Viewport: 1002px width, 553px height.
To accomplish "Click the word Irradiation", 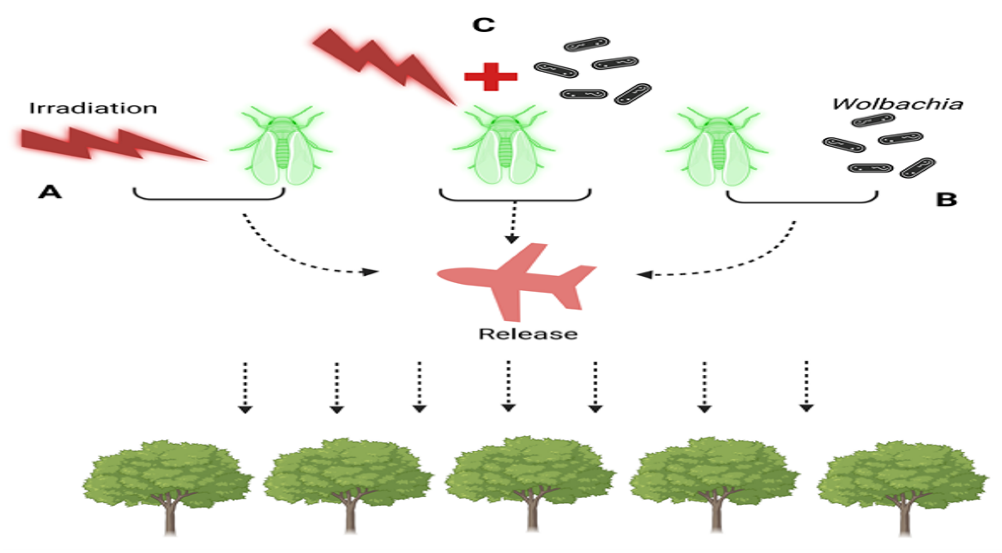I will pyautogui.click(x=93, y=108).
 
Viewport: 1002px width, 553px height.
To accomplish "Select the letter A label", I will pyautogui.click(x=49, y=192).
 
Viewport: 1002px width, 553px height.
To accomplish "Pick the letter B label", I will pyautogui.click(x=946, y=200).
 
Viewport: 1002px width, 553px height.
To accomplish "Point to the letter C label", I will pyautogui.click(x=483, y=25).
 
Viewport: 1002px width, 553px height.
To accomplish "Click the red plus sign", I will pyautogui.click(x=491, y=77).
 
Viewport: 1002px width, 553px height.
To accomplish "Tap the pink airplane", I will pyautogui.click(x=517, y=280).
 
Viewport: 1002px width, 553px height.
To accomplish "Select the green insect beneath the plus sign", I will pyautogui.click(x=504, y=146).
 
